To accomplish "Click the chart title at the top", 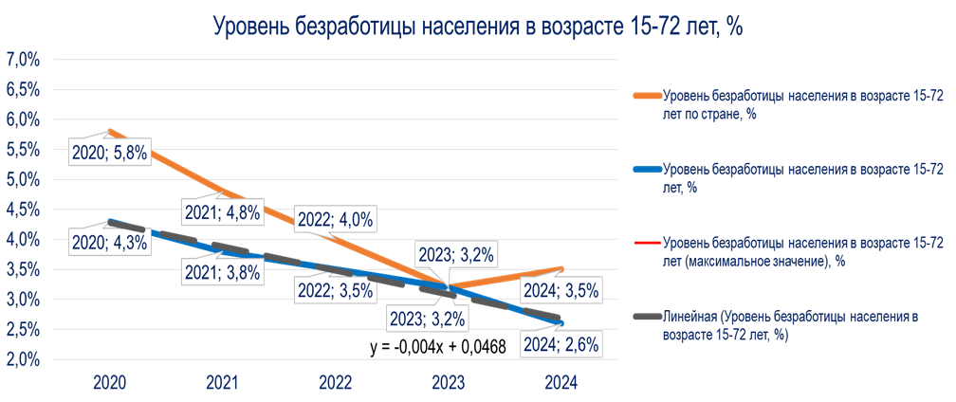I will pyautogui.click(x=477, y=27).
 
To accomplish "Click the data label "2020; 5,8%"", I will pyautogui.click(x=109, y=151).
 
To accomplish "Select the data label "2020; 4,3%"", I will pyautogui.click(x=109, y=242).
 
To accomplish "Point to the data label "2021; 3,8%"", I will pyautogui.click(x=222, y=272).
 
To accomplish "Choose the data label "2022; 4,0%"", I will pyautogui.click(x=336, y=219).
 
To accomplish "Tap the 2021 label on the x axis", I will pyautogui.click(x=222, y=382).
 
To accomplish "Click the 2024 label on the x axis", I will pyautogui.click(x=562, y=382).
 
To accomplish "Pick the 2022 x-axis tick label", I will pyautogui.click(x=336, y=382).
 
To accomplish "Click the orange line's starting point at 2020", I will pyautogui.click(x=110, y=131).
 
